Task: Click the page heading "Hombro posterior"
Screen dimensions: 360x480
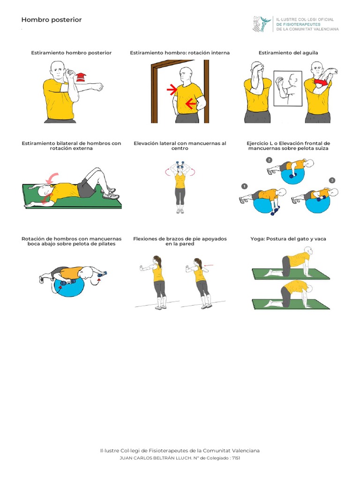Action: (x=52, y=20)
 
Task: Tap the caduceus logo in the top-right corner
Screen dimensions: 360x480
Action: (x=262, y=24)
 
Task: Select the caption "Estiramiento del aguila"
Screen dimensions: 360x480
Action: (x=288, y=52)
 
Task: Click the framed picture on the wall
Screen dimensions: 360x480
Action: (x=288, y=89)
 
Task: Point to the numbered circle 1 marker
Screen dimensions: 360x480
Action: (x=244, y=186)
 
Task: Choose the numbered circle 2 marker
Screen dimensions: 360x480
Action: (x=269, y=160)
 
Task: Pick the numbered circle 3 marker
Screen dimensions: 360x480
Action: (x=332, y=180)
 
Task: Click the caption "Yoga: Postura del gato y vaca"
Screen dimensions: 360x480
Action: (x=288, y=239)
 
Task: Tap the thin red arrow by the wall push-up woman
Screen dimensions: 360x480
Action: (x=208, y=265)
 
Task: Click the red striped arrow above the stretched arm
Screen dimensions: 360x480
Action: (x=81, y=77)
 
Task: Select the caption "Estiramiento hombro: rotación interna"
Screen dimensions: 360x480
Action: (x=180, y=52)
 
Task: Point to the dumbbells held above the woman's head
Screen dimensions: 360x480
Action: (x=180, y=165)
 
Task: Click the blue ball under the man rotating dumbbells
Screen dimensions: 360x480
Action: (x=69, y=286)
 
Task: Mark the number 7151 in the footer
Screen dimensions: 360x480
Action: (x=236, y=458)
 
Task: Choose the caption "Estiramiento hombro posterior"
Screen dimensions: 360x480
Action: (x=71, y=52)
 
